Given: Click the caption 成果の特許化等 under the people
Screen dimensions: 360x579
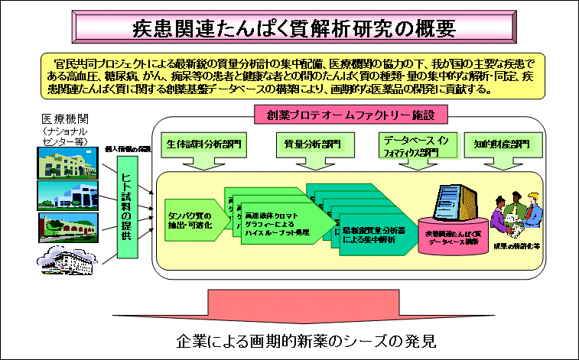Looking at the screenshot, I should [516, 248].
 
